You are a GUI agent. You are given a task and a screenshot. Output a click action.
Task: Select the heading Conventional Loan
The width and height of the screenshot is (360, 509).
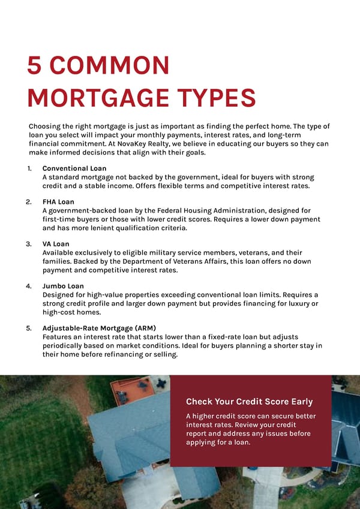click(74, 168)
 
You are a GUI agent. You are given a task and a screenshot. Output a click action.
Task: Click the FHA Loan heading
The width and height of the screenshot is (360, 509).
click(58, 202)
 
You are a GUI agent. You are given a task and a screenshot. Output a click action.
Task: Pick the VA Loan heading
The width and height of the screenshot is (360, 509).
click(56, 244)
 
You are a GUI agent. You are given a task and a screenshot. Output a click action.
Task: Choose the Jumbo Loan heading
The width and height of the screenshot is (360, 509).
click(63, 286)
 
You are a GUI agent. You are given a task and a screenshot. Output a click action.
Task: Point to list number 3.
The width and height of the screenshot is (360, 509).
click(29, 244)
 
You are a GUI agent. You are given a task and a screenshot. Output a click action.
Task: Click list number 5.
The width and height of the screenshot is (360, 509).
click(29, 329)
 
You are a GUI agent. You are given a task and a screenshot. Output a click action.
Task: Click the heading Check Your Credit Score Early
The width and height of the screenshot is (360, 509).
click(249, 402)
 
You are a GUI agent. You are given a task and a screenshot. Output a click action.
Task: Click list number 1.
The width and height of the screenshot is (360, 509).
click(29, 168)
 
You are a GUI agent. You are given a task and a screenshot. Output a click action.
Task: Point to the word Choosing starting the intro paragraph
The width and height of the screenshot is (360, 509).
click(46, 127)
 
